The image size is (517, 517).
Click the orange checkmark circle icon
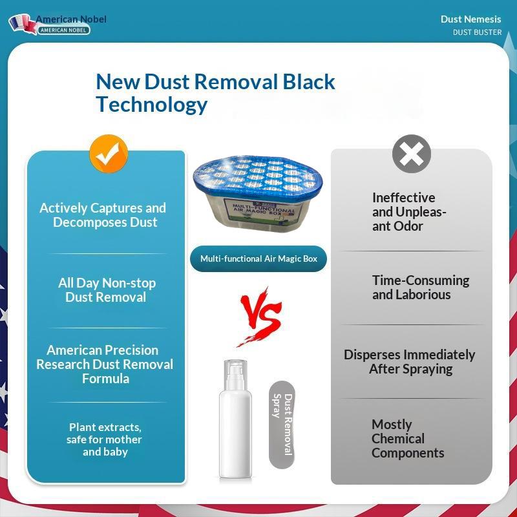click(109, 154)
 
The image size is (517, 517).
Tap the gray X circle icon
click(412, 154)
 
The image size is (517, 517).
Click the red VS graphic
click(260, 317)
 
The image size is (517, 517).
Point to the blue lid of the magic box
click(258, 174)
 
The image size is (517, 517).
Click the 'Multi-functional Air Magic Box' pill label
click(258, 259)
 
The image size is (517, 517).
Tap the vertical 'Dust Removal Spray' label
click(282, 425)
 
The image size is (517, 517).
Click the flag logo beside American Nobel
click(23, 24)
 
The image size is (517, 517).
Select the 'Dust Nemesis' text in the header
click(470, 19)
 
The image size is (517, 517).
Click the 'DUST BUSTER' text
click(477, 32)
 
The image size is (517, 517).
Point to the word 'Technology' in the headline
click(152, 105)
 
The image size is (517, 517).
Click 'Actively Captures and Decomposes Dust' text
click(103, 215)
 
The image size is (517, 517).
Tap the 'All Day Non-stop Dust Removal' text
click(107, 290)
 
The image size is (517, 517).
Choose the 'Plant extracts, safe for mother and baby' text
click(105, 439)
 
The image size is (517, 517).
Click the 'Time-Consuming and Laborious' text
click(421, 288)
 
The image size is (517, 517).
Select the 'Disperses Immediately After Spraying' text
click(410, 362)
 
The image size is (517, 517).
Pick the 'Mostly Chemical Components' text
click(408, 439)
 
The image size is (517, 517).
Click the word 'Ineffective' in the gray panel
click(403, 198)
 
